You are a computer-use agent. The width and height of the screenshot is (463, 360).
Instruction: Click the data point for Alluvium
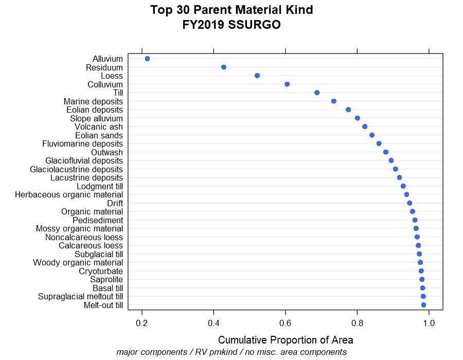pos(147,59)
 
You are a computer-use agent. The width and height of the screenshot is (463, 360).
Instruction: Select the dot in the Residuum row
pos(224,67)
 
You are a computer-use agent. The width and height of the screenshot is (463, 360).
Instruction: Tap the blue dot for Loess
pos(257,76)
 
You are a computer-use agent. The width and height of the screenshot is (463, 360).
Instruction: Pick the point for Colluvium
pos(287,84)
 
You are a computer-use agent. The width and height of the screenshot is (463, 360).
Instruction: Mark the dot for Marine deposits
pos(334,101)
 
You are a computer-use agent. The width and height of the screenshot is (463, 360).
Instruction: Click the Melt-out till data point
pos(423,305)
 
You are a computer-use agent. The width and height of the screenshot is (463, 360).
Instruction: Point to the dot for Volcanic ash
pos(365,127)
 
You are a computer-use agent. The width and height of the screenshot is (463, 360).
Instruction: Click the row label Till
pos(118,93)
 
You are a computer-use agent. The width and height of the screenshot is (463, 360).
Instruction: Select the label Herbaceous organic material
pos(69,195)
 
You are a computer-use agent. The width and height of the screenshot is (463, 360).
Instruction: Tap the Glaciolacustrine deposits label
pos(76,169)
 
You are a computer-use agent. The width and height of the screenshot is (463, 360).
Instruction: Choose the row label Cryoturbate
pos(101,271)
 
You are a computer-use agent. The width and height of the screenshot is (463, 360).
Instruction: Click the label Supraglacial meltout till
pos(80,297)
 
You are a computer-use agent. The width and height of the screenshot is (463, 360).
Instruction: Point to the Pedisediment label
pos(98,220)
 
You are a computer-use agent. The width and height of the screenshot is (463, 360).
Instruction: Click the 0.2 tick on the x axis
pos(142,323)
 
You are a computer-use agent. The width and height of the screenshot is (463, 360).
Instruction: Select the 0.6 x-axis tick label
pos(285,323)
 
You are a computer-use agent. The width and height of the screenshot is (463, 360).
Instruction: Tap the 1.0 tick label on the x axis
pos(429,323)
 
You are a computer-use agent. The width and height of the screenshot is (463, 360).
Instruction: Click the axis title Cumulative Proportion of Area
pos(286,340)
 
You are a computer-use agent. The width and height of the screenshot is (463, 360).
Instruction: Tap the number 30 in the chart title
pos(183,10)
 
